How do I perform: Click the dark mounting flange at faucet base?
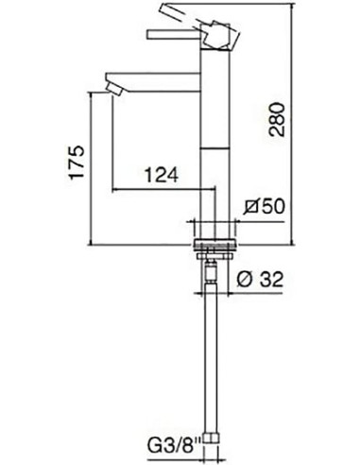pyautogui.click(x=215, y=247)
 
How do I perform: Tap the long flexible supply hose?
pyautogui.click(x=215, y=359)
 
